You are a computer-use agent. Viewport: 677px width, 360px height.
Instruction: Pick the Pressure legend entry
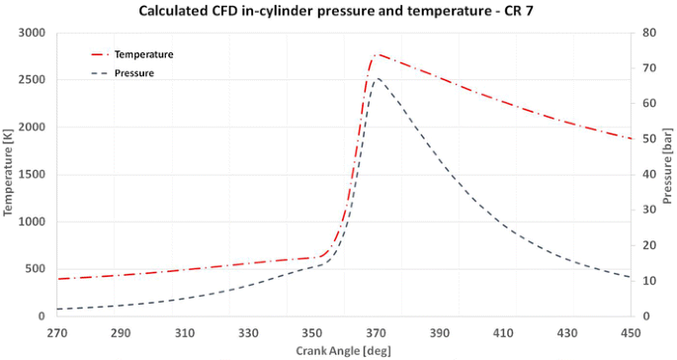click(133, 72)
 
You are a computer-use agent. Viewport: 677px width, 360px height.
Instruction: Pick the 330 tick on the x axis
click(249, 332)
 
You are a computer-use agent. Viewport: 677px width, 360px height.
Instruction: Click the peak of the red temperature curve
click(378, 54)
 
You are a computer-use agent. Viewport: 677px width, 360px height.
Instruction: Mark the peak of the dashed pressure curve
click(377, 78)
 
